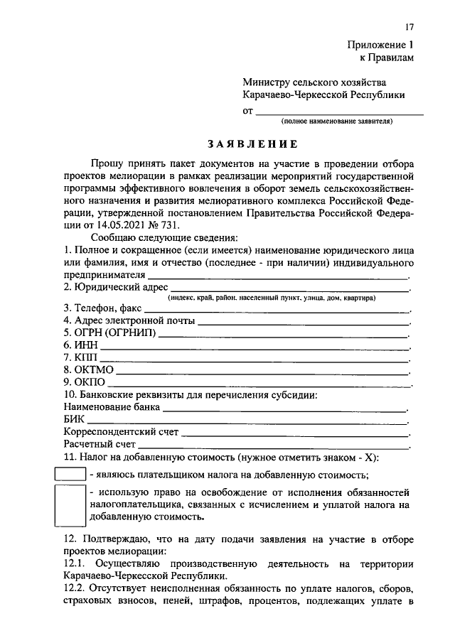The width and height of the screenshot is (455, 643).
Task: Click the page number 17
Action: point(409,27)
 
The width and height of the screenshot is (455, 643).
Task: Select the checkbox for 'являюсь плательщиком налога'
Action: point(70,474)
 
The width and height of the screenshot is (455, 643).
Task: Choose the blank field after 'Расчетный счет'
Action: point(274,445)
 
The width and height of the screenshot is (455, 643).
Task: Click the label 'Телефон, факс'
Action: point(102,308)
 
